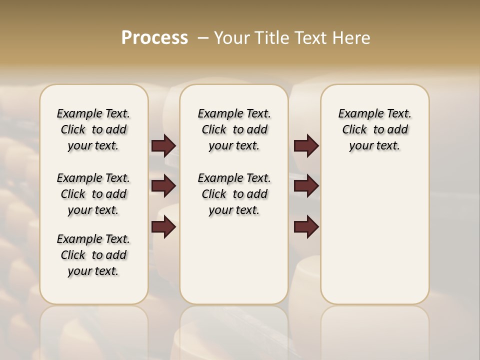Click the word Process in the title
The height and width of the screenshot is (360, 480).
point(154,38)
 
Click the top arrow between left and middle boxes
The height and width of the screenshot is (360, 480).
point(163,145)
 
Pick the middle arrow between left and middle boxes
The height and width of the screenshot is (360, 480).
point(163,186)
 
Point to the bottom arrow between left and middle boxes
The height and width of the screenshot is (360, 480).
point(163,227)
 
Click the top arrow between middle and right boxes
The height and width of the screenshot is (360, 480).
point(306,145)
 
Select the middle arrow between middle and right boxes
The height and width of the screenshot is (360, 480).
point(306,186)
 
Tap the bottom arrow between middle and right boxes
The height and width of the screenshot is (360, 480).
point(306,227)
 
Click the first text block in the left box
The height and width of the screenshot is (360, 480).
point(93,129)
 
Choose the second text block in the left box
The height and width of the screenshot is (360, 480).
point(93,194)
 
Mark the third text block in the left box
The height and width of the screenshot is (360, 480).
point(93,255)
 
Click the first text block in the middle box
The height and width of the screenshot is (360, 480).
point(234,129)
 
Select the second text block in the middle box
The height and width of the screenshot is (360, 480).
point(234,194)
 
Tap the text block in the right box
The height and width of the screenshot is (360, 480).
point(374,129)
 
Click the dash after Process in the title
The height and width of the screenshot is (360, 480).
point(203,38)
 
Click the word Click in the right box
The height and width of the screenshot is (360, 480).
point(354,130)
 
